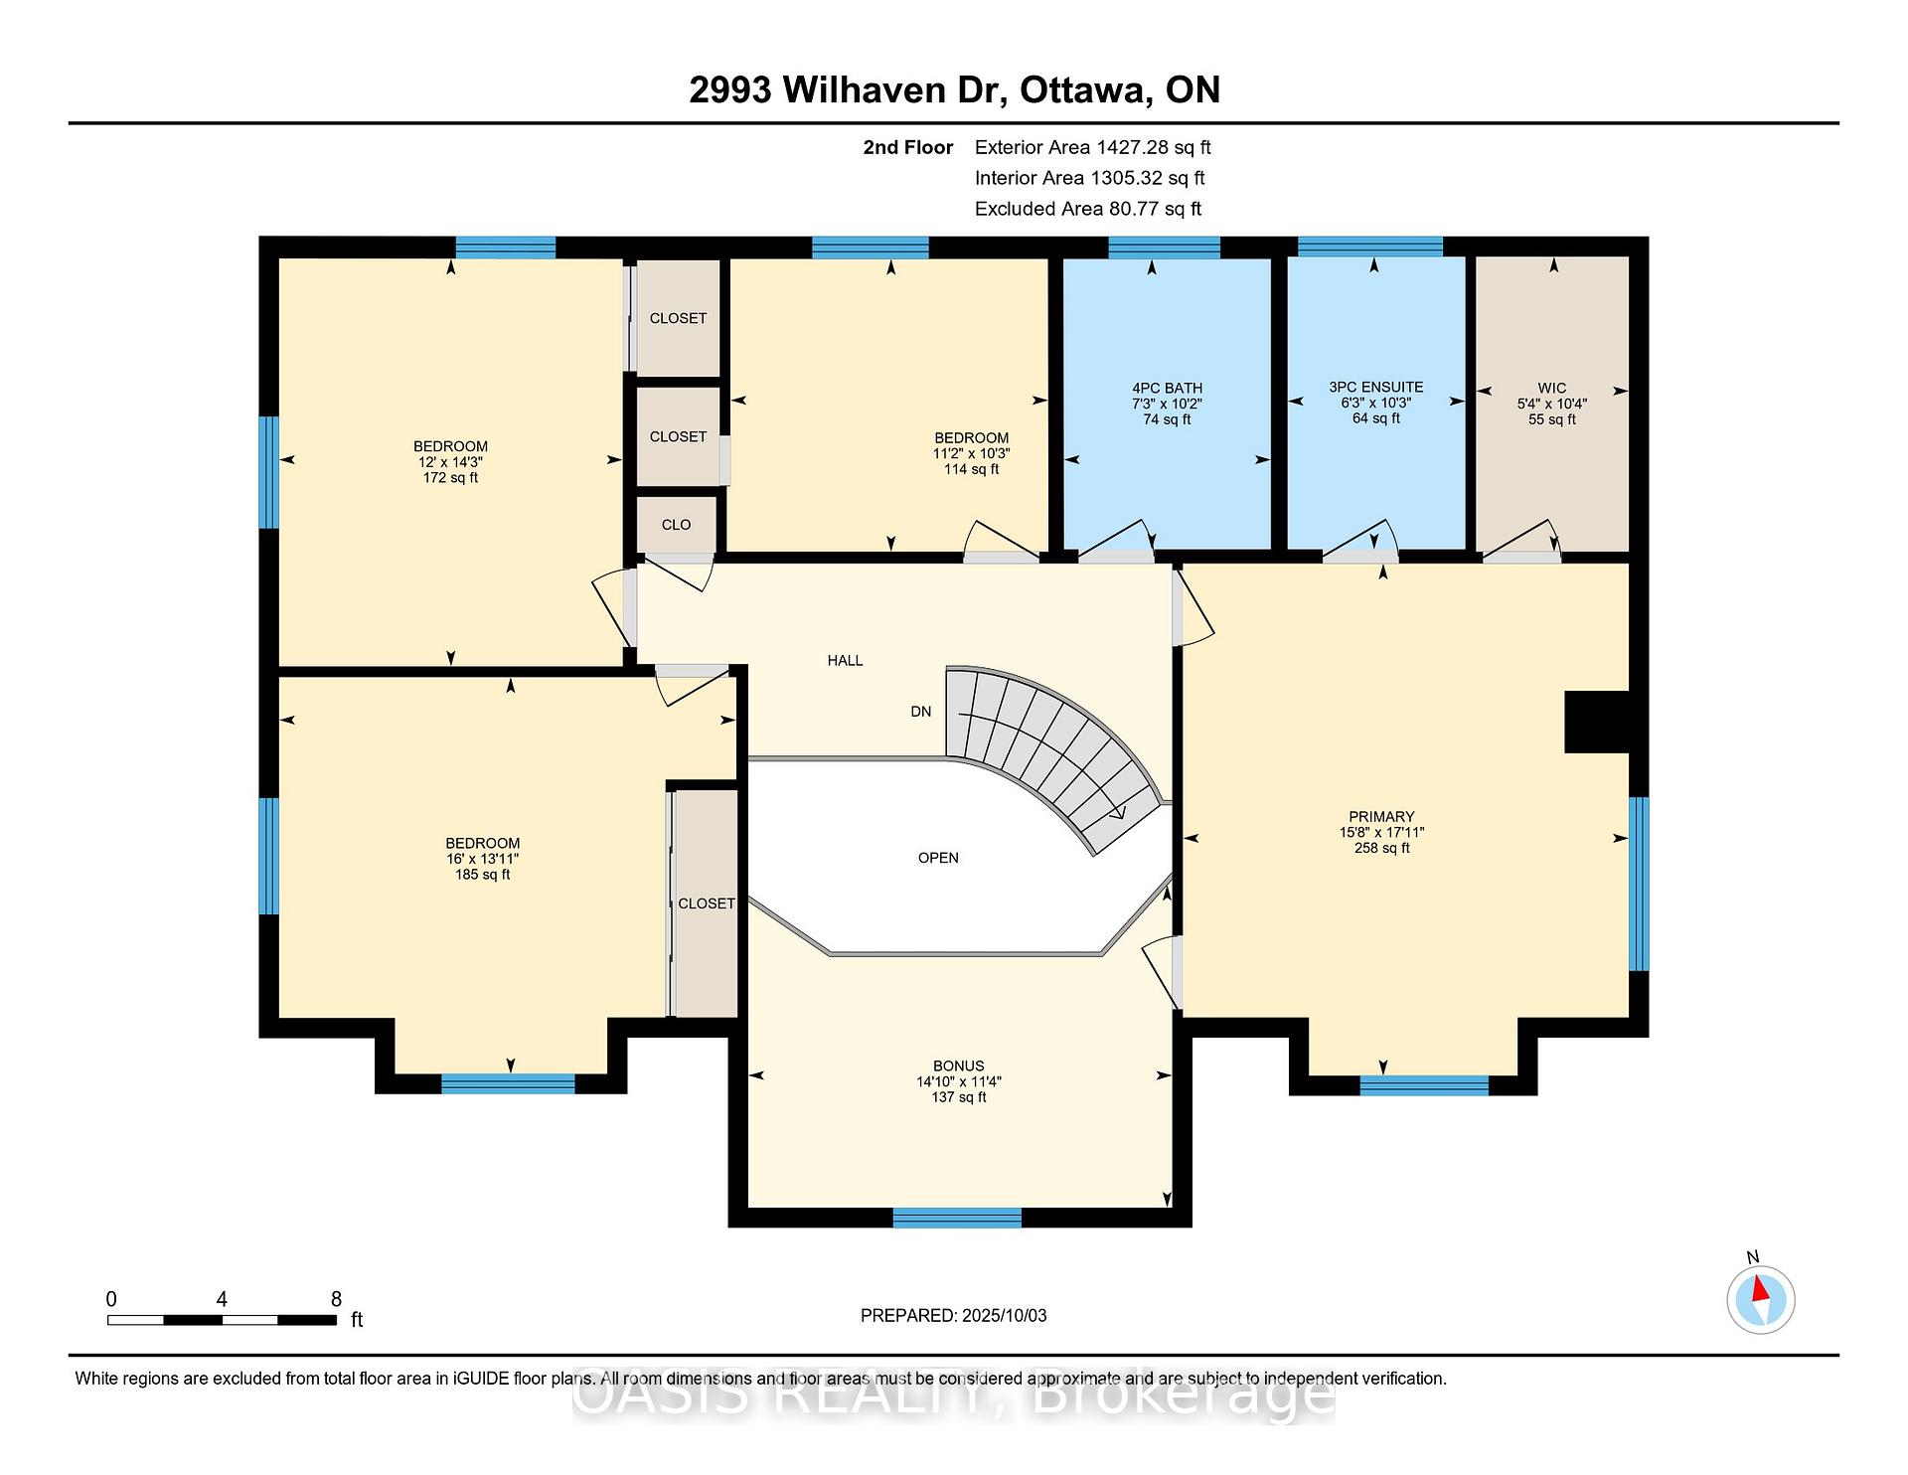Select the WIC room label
(1551, 389)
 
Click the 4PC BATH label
(1167, 389)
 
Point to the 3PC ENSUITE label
(1375, 388)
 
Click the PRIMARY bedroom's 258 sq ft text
(1381, 848)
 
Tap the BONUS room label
(958, 1065)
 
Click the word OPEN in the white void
(938, 858)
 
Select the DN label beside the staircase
(921, 712)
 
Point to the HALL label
(845, 660)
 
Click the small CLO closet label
(676, 525)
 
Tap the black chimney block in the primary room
(1597, 722)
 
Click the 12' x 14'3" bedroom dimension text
(450, 462)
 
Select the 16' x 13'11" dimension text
(482, 859)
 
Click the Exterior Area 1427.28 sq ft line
(1092, 148)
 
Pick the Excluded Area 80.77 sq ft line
(1088, 209)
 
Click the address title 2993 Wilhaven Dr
(848, 90)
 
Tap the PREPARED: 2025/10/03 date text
(953, 1315)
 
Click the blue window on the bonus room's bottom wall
(957, 1218)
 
